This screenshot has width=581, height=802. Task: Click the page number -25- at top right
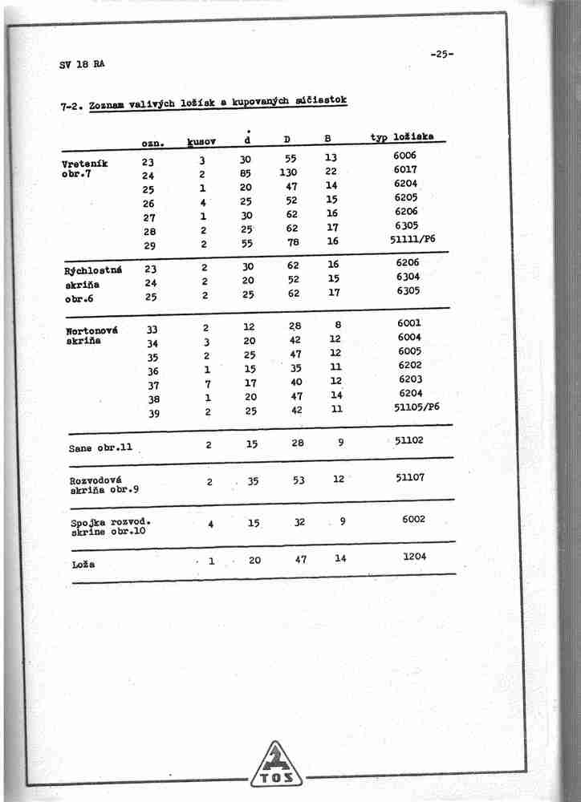[441, 55]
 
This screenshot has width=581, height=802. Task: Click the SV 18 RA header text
[82, 64]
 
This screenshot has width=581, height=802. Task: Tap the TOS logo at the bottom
[276, 767]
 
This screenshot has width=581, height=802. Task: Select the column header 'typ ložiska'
[402, 137]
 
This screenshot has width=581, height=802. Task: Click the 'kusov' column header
[201, 142]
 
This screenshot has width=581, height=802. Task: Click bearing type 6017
[405, 170]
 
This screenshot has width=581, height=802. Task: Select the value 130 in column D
[288, 172]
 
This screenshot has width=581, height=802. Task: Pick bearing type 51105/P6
[416, 407]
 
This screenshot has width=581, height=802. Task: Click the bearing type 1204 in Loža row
[415, 555]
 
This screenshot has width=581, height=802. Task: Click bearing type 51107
[410, 477]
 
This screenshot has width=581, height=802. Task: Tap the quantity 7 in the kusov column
[207, 384]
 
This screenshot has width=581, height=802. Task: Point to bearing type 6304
[407, 277]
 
